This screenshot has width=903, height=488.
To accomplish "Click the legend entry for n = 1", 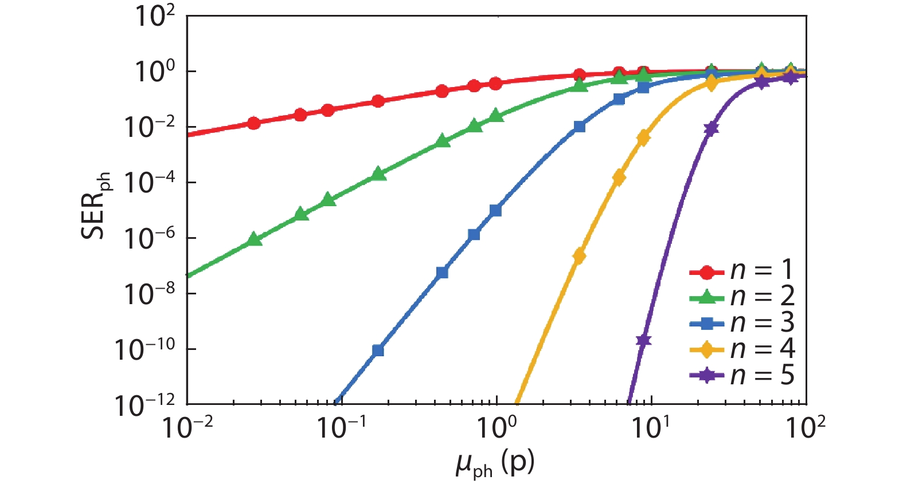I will [x=742, y=270].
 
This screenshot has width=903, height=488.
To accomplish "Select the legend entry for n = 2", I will [x=742, y=296].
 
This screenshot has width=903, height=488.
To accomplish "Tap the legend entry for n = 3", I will [x=742, y=323].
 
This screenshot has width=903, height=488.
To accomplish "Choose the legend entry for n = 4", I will [x=742, y=349].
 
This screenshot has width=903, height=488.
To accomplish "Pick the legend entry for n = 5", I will [x=742, y=376].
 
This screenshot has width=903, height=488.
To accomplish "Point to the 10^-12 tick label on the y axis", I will [x=144, y=406].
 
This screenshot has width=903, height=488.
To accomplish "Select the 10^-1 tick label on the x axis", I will [x=342, y=427].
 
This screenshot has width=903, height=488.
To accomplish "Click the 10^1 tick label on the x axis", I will [x=650, y=427].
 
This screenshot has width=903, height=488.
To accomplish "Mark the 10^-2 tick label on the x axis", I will [x=187, y=427].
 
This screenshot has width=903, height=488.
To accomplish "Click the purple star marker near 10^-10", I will [x=643, y=340].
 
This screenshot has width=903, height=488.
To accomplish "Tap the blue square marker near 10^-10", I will [x=377, y=350].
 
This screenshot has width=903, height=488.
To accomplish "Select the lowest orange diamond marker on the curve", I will [x=579, y=256].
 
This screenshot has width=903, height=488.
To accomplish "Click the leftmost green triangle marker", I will [x=255, y=239].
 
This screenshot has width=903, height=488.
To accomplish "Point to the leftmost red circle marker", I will [x=253, y=123].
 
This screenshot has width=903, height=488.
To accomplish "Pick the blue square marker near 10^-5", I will [x=495, y=210].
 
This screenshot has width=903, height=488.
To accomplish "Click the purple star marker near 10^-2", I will [x=711, y=129].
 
